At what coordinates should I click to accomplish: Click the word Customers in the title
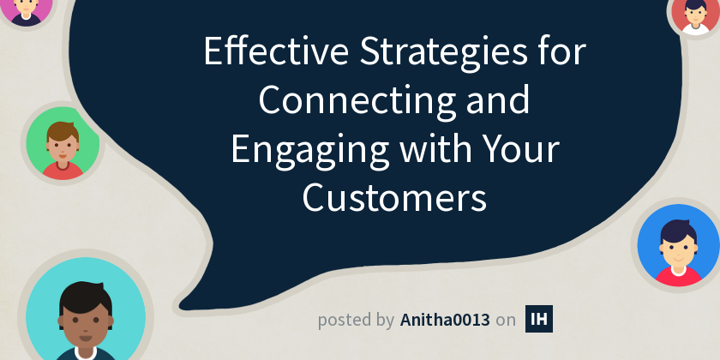click(394, 198)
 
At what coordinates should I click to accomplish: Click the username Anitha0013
click(445, 320)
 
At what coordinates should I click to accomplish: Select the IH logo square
click(539, 319)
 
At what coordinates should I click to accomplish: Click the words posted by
click(356, 321)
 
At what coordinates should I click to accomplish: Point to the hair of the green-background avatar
click(62, 129)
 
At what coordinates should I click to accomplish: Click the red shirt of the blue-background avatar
click(677, 275)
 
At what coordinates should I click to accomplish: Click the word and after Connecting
click(498, 102)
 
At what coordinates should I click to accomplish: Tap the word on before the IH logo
click(507, 321)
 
